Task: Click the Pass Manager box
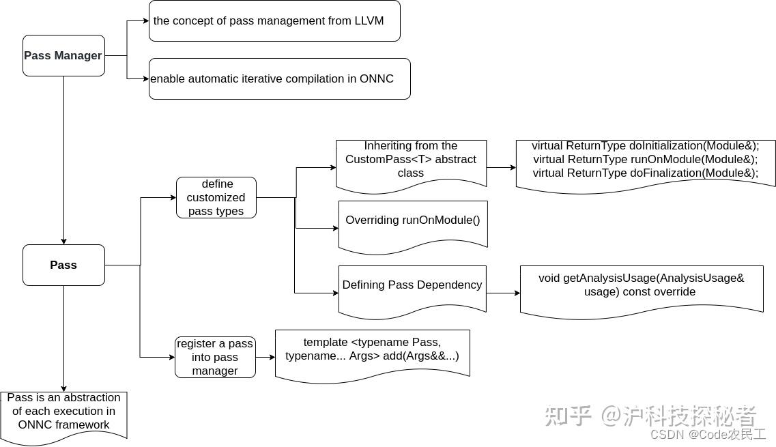[x=63, y=55]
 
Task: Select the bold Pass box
[x=63, y=265]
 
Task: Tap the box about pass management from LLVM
[x=274, y=20]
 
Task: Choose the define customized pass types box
[x=216, y=197]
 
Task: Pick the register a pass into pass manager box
[x=215, y=357]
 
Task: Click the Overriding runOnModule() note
[x=412, y=220]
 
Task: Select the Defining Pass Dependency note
[x=412, y=285]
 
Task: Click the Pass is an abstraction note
[x=63, y=411]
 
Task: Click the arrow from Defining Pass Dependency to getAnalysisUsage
[x=503, y=293]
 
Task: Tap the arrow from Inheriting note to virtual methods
[x=502, y=167]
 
